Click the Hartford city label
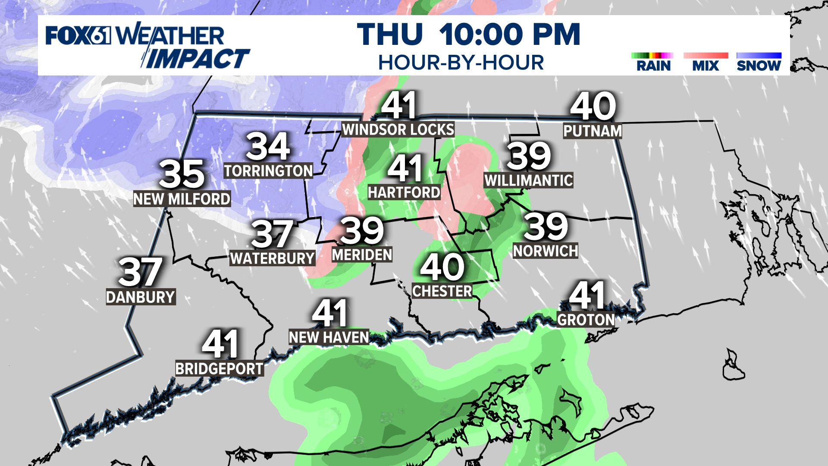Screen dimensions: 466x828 click(404, 192)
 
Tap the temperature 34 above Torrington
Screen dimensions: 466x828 click(268, 147)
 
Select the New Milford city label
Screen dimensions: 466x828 click(182, 199)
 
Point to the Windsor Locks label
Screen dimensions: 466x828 click(398, 129)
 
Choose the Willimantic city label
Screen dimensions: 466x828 click(529, 180)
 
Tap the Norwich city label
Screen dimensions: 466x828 click(546, 251)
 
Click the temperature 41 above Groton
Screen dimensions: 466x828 click(587, 296)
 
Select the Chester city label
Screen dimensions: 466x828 click(442, 291)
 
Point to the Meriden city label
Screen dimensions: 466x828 click(362, 255)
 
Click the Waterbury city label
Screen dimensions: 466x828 click(272, 258)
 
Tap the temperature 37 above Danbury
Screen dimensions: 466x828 click(140, 272)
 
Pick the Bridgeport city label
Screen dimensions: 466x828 click(220, 369)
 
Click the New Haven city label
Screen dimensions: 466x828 click(329, 337)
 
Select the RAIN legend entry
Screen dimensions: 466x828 click(653, 66)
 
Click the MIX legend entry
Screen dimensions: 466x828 click(706, 66)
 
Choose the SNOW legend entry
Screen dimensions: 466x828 click(759, 66)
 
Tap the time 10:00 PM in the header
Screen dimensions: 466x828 click(510, 35)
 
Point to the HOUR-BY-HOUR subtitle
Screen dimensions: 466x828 click(461, 63)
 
